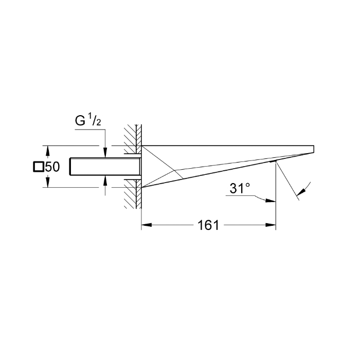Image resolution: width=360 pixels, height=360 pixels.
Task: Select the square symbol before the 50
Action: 39,167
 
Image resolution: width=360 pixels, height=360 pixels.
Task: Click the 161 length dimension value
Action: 208,225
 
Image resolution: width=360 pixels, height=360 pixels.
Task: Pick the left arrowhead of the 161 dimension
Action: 146,225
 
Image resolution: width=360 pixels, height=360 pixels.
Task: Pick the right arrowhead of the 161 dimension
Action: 271,225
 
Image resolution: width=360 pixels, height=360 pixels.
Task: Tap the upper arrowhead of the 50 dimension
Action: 47,150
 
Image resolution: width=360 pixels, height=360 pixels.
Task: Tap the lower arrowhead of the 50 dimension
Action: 47,184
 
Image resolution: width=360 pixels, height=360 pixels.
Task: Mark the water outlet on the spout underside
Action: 276,160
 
